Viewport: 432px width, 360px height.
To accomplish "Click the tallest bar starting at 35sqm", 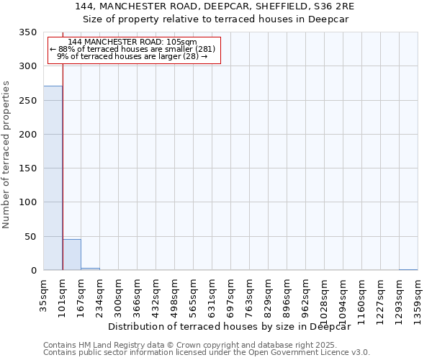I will click(x=53, y=178).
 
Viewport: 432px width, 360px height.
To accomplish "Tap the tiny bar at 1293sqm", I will click(x=408, y=269).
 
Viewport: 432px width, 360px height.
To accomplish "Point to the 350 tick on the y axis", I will click(x=29, y=32).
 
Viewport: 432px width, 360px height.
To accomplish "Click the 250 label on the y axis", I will click(x=29, y=100).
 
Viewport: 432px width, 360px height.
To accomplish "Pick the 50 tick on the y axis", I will click(x=32, y=236).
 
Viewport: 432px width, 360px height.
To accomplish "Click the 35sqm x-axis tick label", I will click(x=44, y=293).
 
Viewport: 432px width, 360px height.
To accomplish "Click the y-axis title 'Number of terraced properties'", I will click(x=7, y=154).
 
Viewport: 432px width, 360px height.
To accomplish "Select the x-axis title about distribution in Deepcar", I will click(x=234, y=326).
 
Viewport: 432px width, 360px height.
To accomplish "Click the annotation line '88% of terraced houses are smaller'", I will click(x=132, y=49).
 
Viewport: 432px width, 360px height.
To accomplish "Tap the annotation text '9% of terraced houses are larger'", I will click(x=132, y=56).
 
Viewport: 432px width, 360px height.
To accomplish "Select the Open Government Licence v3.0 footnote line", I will click(x=207, y=353).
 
